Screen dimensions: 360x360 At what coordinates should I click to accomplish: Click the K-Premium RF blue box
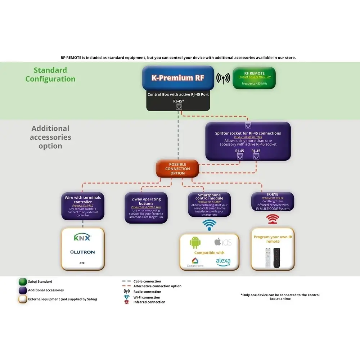(x=178, y=78)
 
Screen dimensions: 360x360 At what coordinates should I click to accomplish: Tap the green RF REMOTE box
(x=254, y=78)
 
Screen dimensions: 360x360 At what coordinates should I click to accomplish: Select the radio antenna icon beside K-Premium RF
(x=223, y=78)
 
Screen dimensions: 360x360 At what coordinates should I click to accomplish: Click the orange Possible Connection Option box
(x=177, y=169)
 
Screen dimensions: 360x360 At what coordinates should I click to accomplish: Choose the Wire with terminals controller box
(x=83, y=206)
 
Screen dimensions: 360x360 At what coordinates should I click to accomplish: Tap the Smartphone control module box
(x=209, y=204)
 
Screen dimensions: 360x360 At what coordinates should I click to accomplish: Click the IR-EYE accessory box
(x=273, y=202)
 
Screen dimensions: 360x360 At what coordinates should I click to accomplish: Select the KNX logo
(x=82, y=238)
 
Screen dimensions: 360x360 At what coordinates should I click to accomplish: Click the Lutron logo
(x=82, y=252)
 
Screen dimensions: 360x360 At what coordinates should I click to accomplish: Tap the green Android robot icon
(x=195, y=243)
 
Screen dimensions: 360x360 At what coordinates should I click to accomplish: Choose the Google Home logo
(x=195, y=262)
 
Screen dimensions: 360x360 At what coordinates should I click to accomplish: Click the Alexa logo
(x=223, y=261)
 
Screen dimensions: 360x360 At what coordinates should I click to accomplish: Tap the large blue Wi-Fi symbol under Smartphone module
(x=210, y=225)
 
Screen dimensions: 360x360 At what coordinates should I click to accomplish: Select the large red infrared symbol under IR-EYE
(x=273, y=219)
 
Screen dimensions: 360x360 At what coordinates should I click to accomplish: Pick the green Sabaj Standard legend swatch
(x=23, y=282)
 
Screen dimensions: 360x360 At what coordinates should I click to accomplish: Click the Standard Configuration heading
(x=50, y=75)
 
